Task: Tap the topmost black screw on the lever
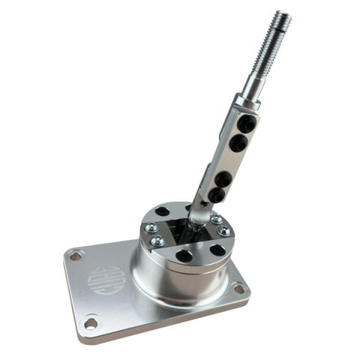pyautogui.click(x=244, y=121)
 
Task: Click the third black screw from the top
pyautogui.click(x=223, y=178)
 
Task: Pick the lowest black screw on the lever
pyautogui.click(x=216, y=195)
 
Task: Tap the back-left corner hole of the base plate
pyautogui.click(x=75, y=256)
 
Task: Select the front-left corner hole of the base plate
pyautogui.click(x=90, y=323)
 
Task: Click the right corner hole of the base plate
pyautogui.click(x=238, y=288)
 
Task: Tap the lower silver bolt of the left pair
pyautogui.click(x=157, y=241)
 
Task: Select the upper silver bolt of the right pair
pyautogui.click(x=216, y=219)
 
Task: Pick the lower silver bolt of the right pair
pyautogui.click(x=223, y=230)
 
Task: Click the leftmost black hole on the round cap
pyautogui.click(x=163, y=212)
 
